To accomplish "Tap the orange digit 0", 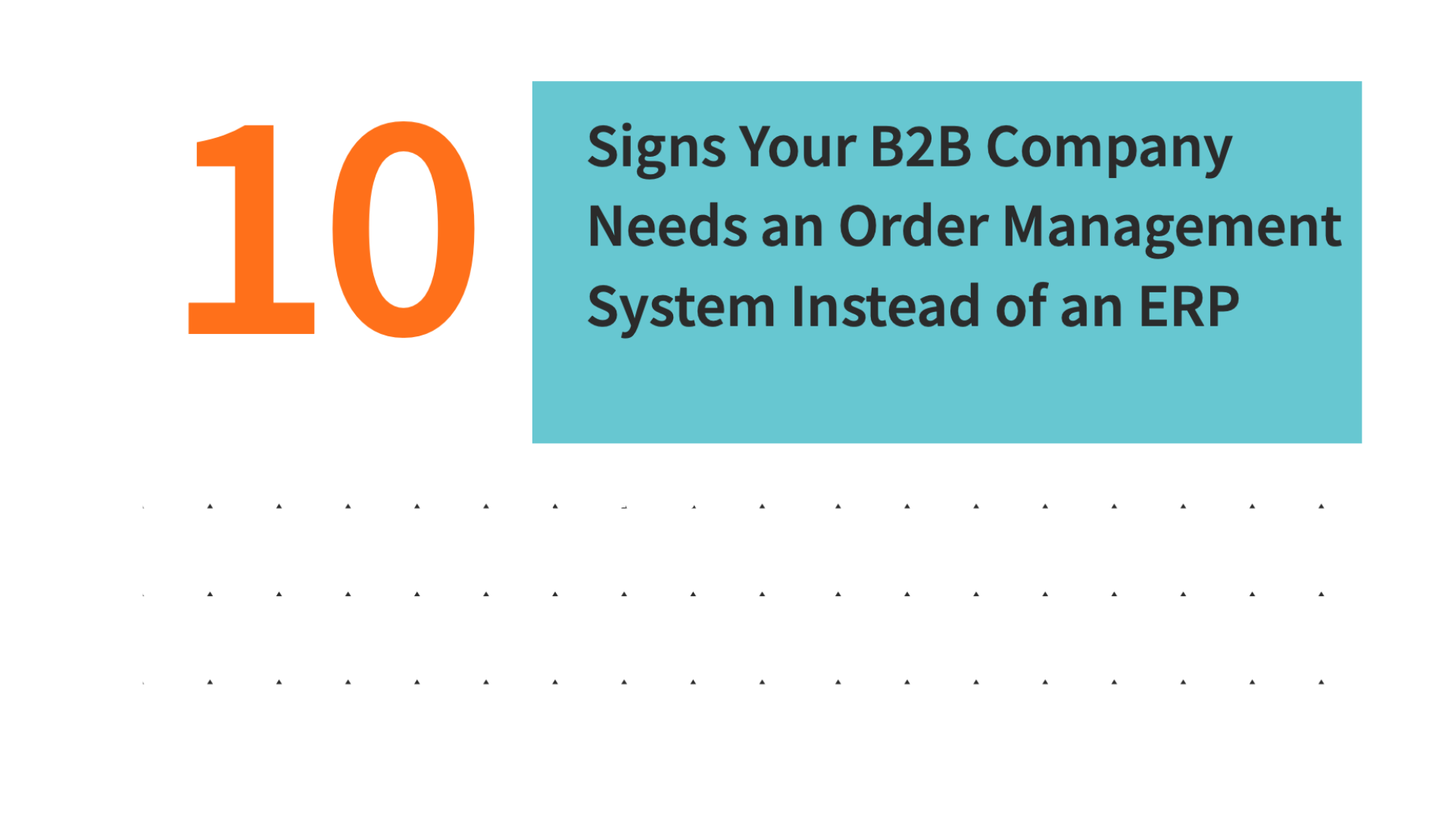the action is point(404,229).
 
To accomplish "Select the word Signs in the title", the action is point(657,149).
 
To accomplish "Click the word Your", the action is point(797,146).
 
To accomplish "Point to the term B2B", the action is point(920,146).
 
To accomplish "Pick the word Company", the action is point(1109,150).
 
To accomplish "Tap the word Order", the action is point(913,226).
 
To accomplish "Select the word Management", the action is point(1172,229).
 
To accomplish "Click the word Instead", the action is point(886,305).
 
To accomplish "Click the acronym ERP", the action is point(1189,306).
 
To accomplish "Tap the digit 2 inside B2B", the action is point(921,146).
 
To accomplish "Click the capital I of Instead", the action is point(797,306).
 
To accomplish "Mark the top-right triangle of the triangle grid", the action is point(1321,506).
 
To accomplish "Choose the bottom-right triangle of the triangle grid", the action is point(1321,682).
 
